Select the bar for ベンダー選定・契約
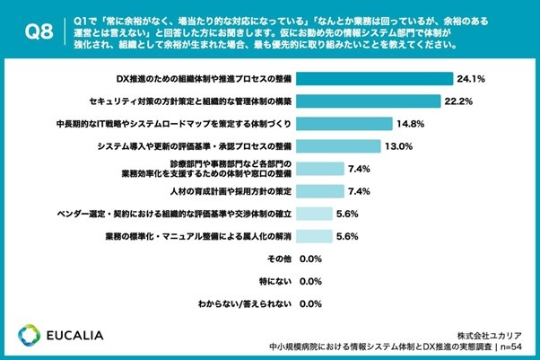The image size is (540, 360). (x=313, y=214)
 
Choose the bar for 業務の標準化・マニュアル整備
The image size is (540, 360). (x=313, y=236)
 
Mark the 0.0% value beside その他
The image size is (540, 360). (x=309, y=259)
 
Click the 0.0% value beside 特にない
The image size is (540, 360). (x=309, y=282)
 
